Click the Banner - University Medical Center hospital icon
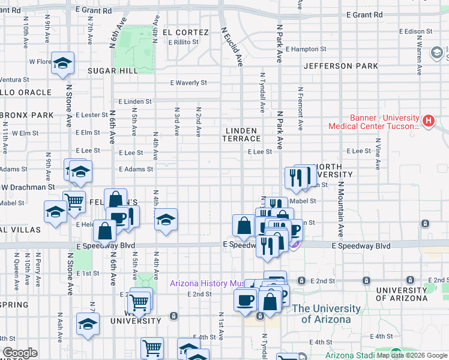point(428,121)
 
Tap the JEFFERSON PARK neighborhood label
point(341,66)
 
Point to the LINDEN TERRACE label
point(243,134)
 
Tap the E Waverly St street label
point(187,83)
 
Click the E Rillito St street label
point(187,42)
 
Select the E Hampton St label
point(306,49)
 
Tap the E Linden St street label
point(135,101)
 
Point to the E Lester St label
point(92,115)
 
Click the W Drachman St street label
point(28,187)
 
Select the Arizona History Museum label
point(207,283)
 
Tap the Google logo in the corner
point(20,353)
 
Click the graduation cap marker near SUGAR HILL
point(62,63)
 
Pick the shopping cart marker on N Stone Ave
point(74,202)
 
